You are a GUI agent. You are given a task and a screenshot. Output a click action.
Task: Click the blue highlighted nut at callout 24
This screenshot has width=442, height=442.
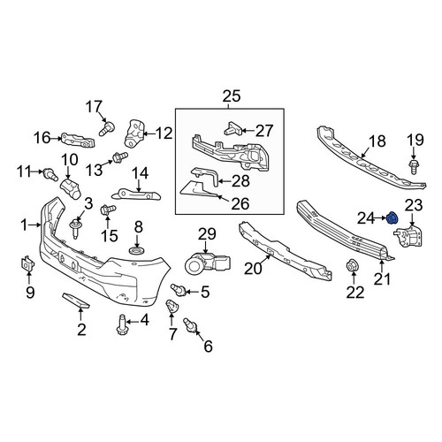click(392, 218)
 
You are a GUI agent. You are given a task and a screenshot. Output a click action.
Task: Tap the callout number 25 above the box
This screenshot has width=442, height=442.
click(232, 96)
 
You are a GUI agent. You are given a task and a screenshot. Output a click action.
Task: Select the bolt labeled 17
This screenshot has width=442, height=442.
click(107, 129)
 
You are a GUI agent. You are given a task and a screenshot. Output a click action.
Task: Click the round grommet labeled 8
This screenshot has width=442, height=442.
click(137, 251)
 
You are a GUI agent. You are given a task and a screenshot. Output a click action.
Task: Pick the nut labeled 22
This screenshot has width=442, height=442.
click(351, 265)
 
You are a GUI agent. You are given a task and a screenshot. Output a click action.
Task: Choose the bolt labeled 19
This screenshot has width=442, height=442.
click(414, 167)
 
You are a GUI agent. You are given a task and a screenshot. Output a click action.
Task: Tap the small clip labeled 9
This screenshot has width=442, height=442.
click(27, 263)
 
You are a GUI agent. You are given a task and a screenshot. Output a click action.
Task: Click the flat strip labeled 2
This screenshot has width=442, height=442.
click(75, 301)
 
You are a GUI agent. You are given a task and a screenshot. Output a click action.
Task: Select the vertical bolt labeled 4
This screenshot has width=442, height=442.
click(122, 324)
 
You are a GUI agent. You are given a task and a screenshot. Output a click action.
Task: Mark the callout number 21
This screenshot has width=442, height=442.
click(382, 278)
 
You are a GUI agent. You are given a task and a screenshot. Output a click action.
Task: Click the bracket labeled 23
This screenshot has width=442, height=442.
click(409, 237)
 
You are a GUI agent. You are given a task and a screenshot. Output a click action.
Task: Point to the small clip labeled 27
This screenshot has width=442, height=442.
click(233, 128)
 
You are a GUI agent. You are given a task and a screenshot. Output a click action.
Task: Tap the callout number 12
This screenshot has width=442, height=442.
click(164, 133)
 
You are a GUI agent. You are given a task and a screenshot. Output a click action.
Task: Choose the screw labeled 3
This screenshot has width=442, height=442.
click(75, 228)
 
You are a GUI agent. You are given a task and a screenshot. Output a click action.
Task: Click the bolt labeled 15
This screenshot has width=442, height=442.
click(108, 210)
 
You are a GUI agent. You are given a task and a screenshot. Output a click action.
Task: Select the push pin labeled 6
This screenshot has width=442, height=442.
click(190, 325)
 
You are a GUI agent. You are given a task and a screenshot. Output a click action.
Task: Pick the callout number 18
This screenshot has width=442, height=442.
click(377, 141)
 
